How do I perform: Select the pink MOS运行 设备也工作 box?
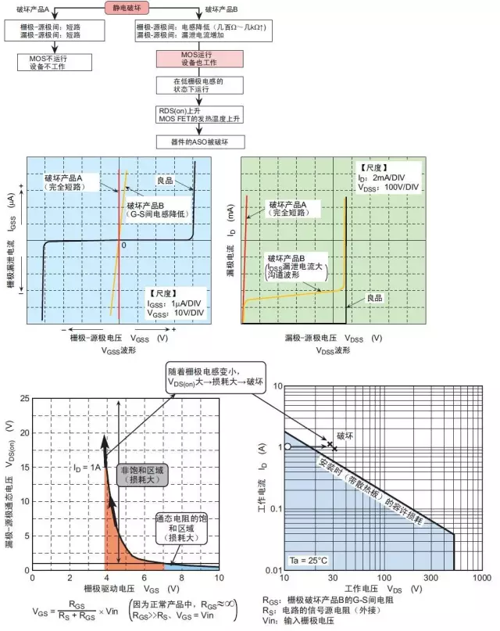(x=191, y=59)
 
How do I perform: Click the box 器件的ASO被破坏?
(x=191, y=142)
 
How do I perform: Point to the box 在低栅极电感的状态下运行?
(x=191, y=86)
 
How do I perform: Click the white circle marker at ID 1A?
(x=288, y=446)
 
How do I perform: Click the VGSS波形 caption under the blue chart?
(x=119, y=350)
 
